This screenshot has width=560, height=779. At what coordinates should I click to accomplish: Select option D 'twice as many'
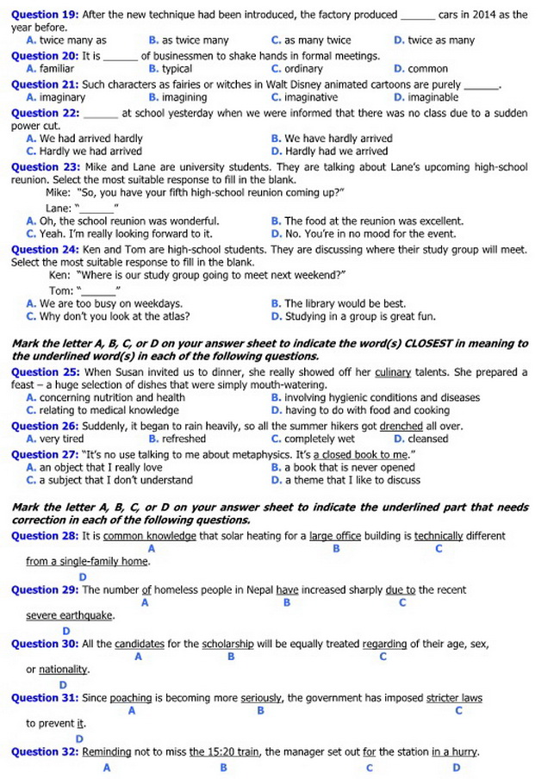coord(440,40)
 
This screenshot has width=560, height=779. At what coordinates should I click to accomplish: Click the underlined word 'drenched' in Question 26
coord(401,426)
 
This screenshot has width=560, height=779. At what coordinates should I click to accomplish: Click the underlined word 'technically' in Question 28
coord(439,535)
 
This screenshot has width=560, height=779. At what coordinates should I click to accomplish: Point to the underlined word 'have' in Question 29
coord(287,590)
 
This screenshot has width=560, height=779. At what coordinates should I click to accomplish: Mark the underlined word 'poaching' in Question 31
coord(131,698)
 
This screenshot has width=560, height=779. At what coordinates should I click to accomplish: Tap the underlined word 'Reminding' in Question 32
coord(107,751)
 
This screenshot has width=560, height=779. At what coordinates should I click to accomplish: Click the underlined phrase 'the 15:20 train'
coord(224,751)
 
